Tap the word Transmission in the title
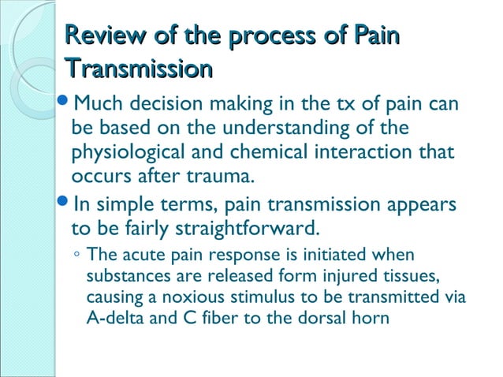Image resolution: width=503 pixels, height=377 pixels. [140, 69]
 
